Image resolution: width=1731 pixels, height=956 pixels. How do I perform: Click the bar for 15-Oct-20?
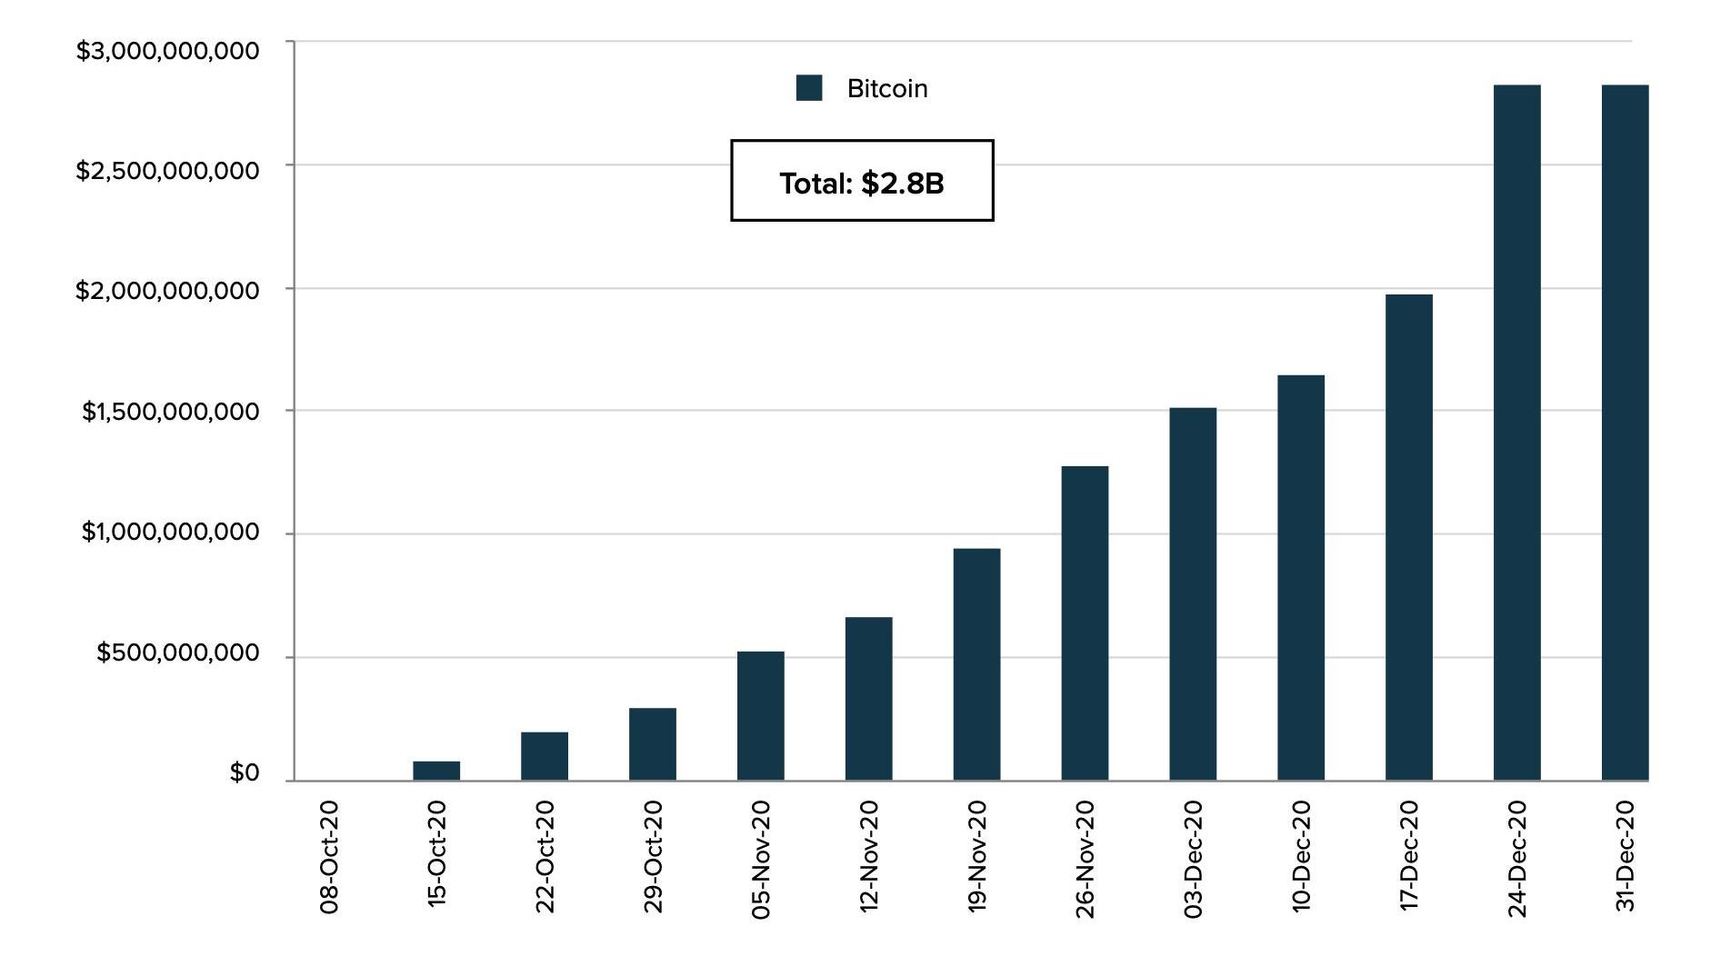pyautogui.click(x=436, y=771)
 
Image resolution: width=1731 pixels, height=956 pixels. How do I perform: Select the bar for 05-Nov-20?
pyautogui.click(x=760, y=716)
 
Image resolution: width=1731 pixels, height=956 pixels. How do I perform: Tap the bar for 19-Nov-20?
pyautogui.click(x=976, y=664)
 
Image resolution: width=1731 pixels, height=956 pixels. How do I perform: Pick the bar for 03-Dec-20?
pyautogui.click(x=1193, y=594)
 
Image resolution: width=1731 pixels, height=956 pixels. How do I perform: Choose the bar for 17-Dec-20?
pyautogui.click(x=1409, y=537)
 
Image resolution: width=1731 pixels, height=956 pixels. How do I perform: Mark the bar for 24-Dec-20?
pyautogui.click(x=1517, y=433)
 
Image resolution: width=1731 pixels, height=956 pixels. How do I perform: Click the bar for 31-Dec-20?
pyautogui.click(x=1625, y=433)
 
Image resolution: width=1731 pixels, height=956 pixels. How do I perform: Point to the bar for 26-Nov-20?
pyautogui.click(x=1085, y=623)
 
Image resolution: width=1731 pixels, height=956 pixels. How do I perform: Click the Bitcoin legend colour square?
pyautogui.click(x=809, y=88)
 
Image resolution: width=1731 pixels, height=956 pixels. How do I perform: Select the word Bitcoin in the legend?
pyautogui.click(x=887, y=89)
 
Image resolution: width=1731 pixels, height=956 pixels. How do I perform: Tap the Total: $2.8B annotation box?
pyautogui.click(x=862, y=181)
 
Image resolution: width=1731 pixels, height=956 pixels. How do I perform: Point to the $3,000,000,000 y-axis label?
pyautogui.click(x=167, y=51)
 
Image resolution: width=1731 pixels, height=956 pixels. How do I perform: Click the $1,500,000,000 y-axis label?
pyautogui.click(x=171, y=412)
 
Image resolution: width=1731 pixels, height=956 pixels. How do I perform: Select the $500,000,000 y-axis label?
pyautogui.click(x=178, y=652)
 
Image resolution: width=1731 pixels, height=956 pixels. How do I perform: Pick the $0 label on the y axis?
pyautogui.click(x=245, y=773)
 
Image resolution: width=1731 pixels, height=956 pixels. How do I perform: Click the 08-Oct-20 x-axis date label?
pyautogui.click(x=329, y=856)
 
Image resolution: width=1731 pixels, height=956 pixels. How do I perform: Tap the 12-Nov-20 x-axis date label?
pyautogui.click(x=869, y=856)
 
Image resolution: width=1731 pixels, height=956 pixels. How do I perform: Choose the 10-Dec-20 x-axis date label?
pyautogui.click(x=1301, y=856)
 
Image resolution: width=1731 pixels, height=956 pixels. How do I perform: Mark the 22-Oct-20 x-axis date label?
pyautogui.click(x=545, y=856)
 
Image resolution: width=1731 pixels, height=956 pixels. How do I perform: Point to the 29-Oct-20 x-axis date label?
pyautogui.click(x=653, y=856)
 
